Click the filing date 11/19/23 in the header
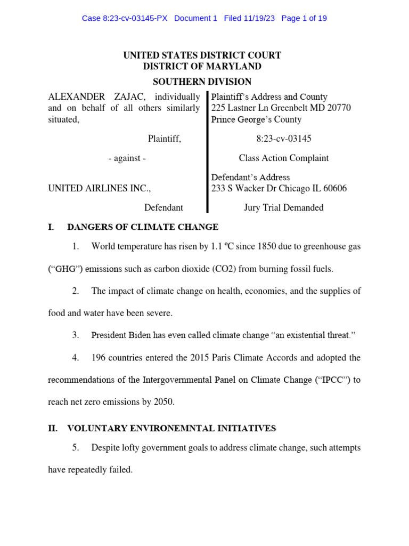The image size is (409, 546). [x=261, y=18]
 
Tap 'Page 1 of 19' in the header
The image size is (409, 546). [x=304, y=18]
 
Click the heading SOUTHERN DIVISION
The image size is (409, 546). [x=202, y=82]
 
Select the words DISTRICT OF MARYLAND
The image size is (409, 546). [x=202, y=67]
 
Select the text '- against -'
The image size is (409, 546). [x=127, y=158]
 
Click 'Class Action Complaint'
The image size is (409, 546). [x=283, y=158]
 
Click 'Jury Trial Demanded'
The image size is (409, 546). [x=283, y=207]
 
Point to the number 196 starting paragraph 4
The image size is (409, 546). [x=99, y=358]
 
